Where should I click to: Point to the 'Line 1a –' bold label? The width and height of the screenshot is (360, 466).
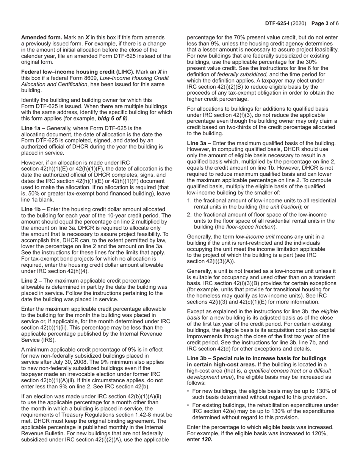click(x=33, y=128)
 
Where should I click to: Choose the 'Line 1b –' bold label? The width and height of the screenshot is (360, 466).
click(x=33, y=210)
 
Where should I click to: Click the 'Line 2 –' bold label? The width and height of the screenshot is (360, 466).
click(x=31, y=281)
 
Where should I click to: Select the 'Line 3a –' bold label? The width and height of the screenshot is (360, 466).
click(x=199, y=143)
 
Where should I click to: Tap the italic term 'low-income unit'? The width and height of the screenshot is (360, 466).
click(x=254, y=237)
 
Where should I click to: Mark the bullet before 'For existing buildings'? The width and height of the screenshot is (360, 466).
click(x=189, y=405)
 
